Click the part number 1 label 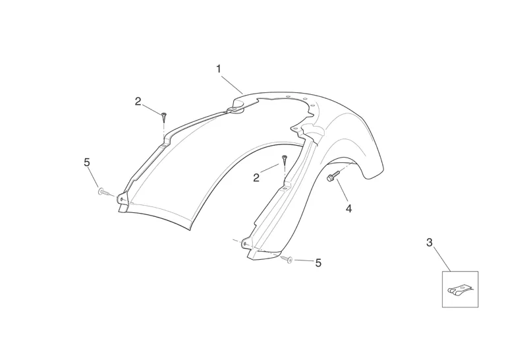219,68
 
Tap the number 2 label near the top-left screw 138,102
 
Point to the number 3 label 430,243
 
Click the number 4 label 348,208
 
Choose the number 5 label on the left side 87,162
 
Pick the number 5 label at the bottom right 318,263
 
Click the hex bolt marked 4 333,176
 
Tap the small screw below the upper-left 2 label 163,117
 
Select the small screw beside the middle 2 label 285,160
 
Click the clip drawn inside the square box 460,289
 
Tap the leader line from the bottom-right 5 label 303,262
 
